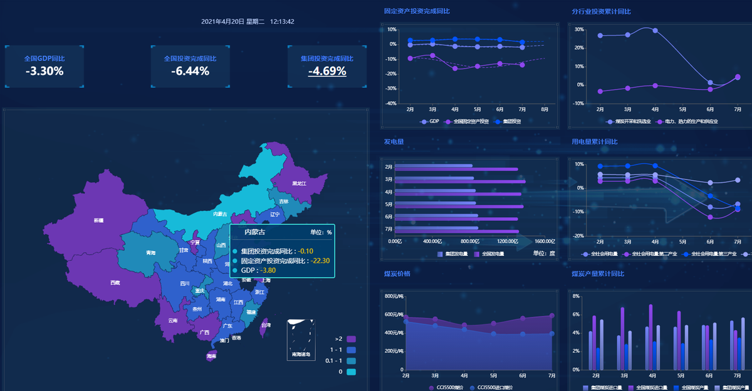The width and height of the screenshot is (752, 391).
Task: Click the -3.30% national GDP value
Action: [44, 71]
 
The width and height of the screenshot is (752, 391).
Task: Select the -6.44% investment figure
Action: [190, 71]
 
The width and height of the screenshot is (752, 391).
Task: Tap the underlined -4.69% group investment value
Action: [327, 71]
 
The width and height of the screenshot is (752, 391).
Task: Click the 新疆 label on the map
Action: [98, 220]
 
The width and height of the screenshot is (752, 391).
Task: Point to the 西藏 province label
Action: [115, 283]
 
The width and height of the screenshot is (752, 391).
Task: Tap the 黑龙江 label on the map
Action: [299, 184]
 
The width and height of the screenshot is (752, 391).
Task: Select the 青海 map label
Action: [150, 253]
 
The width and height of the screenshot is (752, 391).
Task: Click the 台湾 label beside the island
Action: [266, 325]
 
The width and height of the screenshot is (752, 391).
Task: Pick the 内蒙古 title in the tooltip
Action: [254, 232]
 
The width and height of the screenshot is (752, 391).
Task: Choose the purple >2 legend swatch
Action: [352, 339]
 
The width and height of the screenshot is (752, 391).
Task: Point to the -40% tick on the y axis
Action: [392, 104]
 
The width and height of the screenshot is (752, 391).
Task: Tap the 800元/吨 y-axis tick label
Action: [394, 296]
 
